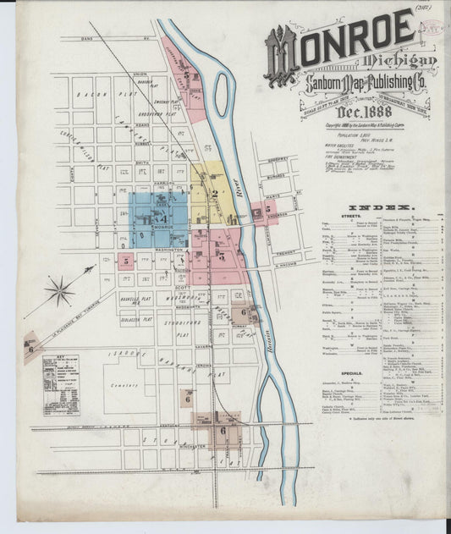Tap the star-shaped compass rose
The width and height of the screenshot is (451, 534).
(x=60, y=292)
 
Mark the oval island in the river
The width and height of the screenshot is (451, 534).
(x=223, y=94)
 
